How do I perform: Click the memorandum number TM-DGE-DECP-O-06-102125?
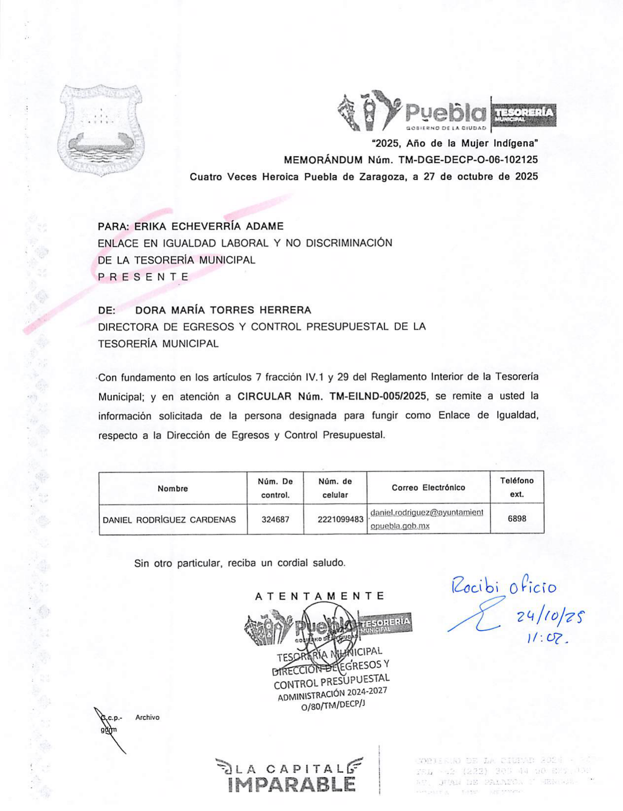[x=468, y=160]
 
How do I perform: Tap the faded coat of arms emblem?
[x=100, y=131]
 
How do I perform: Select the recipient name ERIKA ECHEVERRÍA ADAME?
[x=209, y=227]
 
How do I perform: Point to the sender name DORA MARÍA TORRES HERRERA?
[x=223, y=310]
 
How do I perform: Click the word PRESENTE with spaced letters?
[x=143, y=277]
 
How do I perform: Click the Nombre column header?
[x=173, y=489]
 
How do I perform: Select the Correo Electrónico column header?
[x=428, y=488]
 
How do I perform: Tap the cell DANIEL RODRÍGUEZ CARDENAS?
[x=169, y=520]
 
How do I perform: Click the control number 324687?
[x=275, y=519]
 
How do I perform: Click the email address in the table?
[x=426, y=519]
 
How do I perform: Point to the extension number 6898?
[x=517, y=519]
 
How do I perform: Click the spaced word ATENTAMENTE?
[x=320, y=596]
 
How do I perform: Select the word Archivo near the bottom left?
[x=147, y=718]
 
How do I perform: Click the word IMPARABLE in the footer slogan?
[x=293, y=784]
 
